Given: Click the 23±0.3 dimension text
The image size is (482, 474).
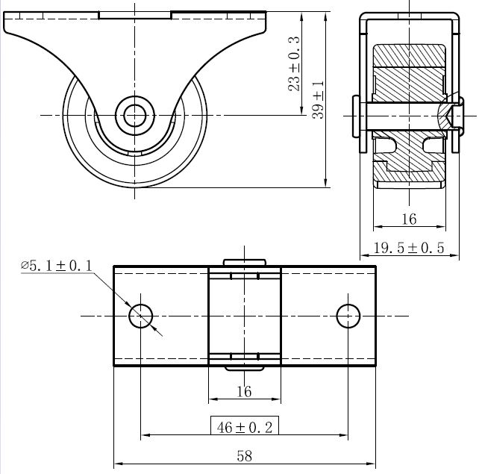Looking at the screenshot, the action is [294, 63].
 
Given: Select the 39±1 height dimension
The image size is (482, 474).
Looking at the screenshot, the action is [318, 100].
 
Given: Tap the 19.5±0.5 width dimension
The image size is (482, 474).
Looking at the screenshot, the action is [409, 248].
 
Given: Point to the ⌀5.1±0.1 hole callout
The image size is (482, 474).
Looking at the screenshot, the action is [57, 266].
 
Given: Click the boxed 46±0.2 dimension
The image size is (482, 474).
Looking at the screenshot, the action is [245, 427].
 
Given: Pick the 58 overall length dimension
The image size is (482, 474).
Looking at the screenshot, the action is [245, 456].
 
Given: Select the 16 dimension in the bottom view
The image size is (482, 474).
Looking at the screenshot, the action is [245, 392].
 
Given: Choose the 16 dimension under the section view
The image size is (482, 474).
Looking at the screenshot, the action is [409, 219].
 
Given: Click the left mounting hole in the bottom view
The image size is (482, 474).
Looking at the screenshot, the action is [141, 316].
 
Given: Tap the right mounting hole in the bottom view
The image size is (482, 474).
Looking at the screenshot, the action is [348, 316].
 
